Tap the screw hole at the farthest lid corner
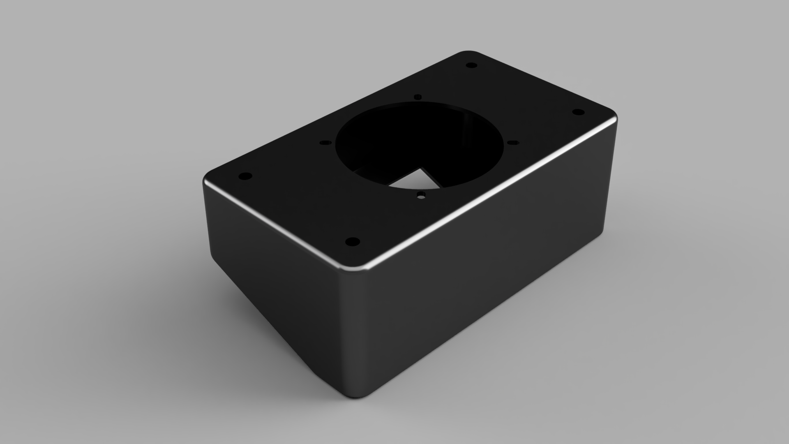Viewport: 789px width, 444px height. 472,65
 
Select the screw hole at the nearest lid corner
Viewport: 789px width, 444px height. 352,242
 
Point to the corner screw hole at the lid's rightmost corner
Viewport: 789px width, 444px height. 577,111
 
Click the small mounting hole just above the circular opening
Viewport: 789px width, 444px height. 418,97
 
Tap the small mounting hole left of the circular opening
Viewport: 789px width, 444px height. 325,143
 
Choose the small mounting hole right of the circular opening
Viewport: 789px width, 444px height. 512,142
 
